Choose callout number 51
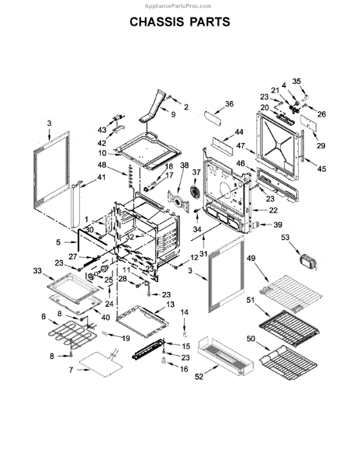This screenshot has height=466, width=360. [251, 301]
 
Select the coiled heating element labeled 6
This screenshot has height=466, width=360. [69, 339]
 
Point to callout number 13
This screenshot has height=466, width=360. [170, 305]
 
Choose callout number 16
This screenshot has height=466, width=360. [183, 370]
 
